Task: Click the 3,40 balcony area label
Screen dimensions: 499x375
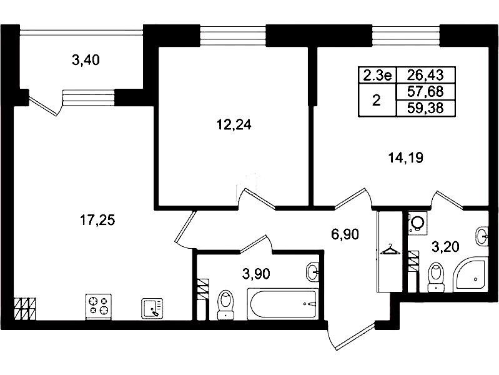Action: [86, 60]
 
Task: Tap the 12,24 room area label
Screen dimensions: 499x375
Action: [234, 125]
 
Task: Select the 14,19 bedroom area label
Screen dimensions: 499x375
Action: [406, 157]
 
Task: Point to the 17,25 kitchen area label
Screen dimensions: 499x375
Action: [97, 220]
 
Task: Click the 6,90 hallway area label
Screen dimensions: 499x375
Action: [345, 234]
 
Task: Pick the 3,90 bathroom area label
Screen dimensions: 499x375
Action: [256, 273]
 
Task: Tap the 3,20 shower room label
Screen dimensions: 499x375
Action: [445, 247]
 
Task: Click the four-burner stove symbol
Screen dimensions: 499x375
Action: [99, 306]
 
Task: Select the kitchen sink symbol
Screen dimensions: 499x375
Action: [152, 308]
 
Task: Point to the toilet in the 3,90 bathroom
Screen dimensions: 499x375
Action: [225, 304]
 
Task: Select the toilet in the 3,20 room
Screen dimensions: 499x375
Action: [436, 276]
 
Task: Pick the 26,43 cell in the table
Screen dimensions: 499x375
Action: [425, 75]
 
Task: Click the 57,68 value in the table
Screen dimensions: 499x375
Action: [425, 92]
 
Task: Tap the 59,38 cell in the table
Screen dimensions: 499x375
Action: [425, 108]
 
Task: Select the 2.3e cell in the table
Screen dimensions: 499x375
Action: [377, 76]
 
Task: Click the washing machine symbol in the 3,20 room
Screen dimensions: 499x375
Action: [417, 223]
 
